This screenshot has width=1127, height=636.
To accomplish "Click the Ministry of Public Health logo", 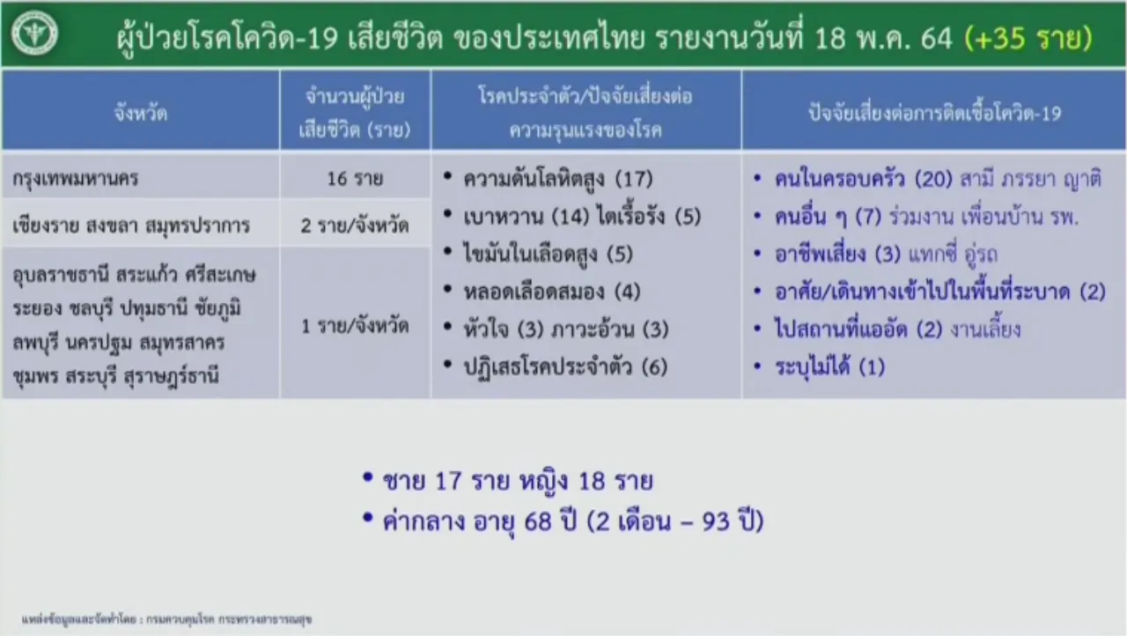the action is (x=34, y=33).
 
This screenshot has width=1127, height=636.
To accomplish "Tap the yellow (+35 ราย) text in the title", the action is (x=1028, y=38).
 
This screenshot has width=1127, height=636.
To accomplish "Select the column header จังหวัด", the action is (x=140, y=112).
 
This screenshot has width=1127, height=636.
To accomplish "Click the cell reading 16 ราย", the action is (x=355, y=178).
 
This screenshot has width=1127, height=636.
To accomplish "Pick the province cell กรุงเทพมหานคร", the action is (x=76, y=179).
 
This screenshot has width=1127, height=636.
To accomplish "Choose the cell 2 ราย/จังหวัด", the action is (x=355, y=225).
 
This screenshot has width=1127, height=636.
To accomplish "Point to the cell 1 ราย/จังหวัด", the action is (x=355, y=326).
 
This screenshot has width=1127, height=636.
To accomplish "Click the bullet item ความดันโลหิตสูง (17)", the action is (x=558, y=179).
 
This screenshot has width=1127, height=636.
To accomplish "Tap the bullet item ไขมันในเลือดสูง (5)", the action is (x=548, y=254).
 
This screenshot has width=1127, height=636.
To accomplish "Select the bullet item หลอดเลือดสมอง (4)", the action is (x=552, y=292).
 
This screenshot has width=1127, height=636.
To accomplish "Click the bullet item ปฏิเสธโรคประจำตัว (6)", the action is (x=565, y=366).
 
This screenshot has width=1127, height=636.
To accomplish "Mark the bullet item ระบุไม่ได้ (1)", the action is (x=829, y=366).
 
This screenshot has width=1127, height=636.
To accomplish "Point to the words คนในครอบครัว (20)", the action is (x=864, y=179).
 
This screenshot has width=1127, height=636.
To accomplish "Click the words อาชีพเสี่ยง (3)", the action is (x=837, y=254).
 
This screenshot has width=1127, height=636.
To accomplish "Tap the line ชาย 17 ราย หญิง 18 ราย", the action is (x=518, y=481).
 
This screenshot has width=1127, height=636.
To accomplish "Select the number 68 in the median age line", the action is (x=538, y=521).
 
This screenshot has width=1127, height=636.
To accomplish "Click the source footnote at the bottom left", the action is (x=166, y=619).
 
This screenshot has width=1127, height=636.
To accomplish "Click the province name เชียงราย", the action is (x=45, y=226).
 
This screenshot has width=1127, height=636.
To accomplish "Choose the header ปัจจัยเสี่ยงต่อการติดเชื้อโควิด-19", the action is (x=934, y=114).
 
